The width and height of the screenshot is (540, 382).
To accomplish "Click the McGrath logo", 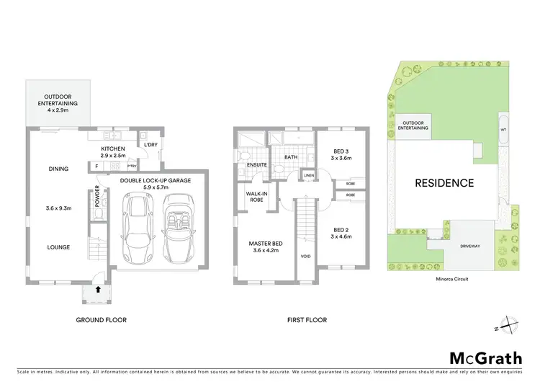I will point(487,358).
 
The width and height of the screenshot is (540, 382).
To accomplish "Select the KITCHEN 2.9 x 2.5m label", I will point(113,152).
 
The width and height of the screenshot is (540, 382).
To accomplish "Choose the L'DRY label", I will point(150,145).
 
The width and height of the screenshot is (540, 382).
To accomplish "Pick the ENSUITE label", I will point(257,165).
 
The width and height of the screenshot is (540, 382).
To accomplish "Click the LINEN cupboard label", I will point(309,175).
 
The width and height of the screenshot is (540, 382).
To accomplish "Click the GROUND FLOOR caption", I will point(101,319).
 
